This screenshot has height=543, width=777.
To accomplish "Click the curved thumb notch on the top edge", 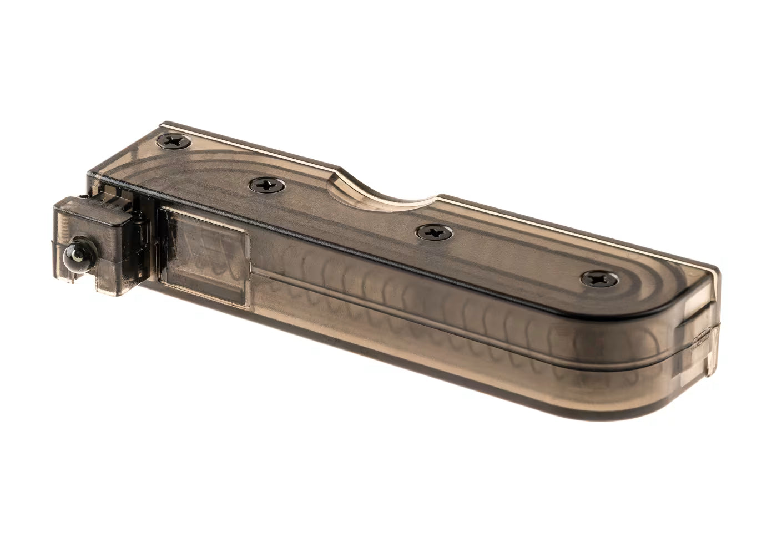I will pyautogui.click(x=383, y=189).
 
